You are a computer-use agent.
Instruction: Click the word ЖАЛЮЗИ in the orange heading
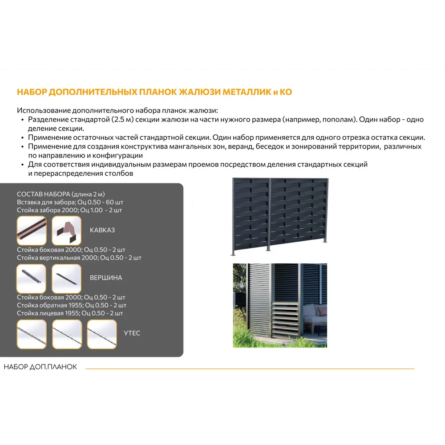coord(196,92)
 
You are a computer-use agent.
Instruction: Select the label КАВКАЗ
coord(102,230)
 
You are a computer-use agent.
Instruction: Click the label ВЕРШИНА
coord(106,278)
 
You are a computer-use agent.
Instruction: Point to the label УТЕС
coord(132,333)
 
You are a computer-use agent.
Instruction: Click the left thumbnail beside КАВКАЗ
coord(31,231)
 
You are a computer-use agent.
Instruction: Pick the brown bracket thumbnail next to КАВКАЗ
coord(67,231)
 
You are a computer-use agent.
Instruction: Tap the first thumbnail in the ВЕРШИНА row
coord(31,279)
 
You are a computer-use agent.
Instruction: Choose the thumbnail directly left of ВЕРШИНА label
coord(67,279)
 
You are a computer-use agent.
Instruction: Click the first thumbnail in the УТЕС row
coord(31,334)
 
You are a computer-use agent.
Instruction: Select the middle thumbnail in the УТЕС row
coord(67,334)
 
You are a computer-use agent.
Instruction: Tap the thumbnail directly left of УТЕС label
coord(102,334)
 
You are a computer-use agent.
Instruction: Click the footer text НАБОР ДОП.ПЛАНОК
coord(40,367)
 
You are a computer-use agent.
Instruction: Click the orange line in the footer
coord(249,368)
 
